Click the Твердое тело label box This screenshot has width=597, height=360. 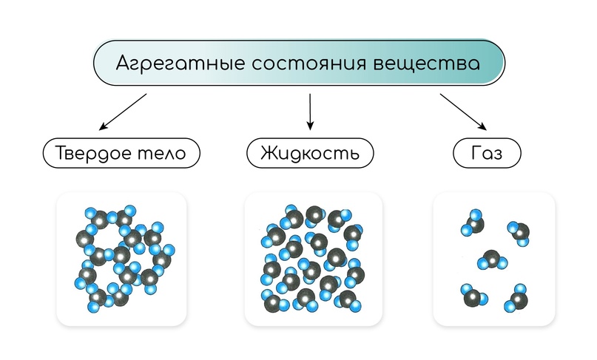tap(121, 154)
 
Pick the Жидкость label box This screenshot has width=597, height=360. tap(309, 154)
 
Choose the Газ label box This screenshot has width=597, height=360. tap(486, 154)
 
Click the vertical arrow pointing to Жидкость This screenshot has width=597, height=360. tap(310, 109)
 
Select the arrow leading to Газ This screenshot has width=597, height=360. tap(463, 111)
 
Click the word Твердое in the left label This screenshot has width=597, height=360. tap(94, 154)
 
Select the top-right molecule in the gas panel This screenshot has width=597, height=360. tap(519, 232)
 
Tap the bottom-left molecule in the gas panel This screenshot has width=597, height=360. tap(471, 295)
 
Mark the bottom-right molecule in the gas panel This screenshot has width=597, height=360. tap(517, 300)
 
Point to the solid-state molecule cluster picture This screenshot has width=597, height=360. tap(121, 259)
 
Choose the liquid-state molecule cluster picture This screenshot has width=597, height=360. tap(312, 259)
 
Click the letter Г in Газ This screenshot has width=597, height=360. tap(473, 154)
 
